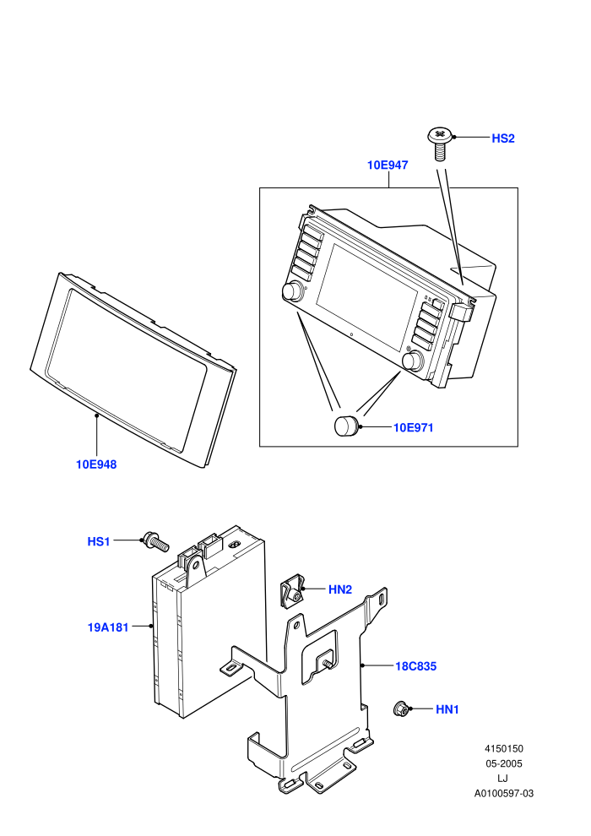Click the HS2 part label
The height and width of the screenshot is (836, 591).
502,138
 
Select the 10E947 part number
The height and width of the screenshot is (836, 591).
388,166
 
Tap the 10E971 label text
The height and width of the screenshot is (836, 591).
413,427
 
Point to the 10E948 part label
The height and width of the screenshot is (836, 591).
96,464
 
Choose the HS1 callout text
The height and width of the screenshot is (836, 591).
99,541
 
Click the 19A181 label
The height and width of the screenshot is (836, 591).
108,627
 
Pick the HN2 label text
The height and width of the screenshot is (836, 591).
340,589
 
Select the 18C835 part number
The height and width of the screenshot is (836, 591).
415,666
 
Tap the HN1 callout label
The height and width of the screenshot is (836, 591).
447,709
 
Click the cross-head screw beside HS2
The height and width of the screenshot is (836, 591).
440,143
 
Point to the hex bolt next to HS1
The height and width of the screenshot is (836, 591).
155,541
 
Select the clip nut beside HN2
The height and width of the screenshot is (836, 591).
290,591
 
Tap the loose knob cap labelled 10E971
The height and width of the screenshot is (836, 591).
346,426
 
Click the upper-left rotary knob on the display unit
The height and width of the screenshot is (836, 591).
292,291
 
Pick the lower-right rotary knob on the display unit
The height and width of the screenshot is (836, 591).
412,361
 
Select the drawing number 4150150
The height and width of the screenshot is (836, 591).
503,748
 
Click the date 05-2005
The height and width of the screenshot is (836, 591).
503,763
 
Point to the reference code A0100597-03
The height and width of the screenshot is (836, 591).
503,793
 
